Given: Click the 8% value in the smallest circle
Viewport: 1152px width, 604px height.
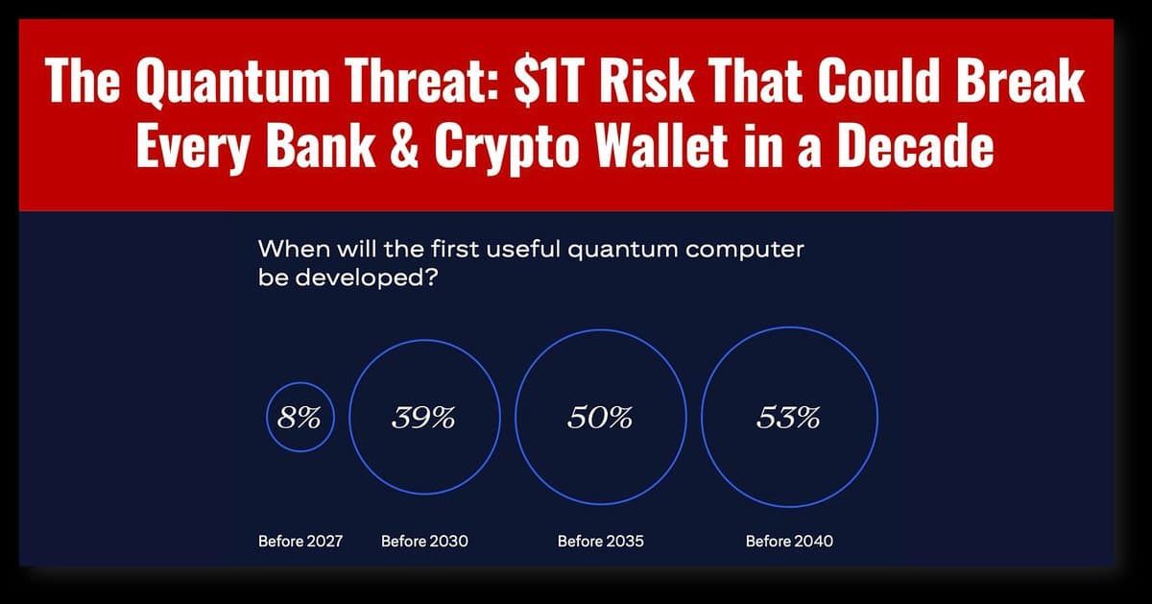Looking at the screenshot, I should [300, 419].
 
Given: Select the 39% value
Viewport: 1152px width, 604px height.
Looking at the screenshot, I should [423, 419].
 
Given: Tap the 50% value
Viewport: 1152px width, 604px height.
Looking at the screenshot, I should [600, 419].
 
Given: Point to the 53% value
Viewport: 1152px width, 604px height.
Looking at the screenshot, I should [788, 419].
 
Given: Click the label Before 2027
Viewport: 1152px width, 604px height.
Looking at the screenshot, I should [300, 542].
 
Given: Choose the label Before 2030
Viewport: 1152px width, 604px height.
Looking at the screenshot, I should [424, 542].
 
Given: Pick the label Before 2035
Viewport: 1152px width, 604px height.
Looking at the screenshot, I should [601, 542].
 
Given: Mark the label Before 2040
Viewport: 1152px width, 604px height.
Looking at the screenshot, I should [789, 542].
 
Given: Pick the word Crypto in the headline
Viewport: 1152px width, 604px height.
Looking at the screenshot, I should [499, 149].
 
